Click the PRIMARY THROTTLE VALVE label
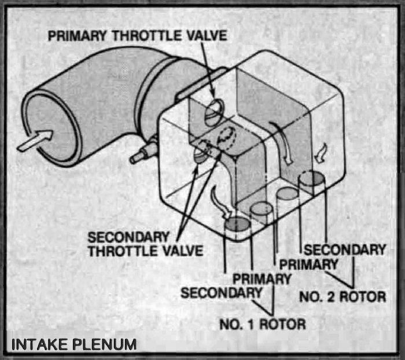(x=137, y=36)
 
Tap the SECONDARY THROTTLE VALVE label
(x=145, y=244)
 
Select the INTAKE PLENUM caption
(x=74, y=344)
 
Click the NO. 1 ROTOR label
(x=262, y=323)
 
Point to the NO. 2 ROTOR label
(x=343, y=297)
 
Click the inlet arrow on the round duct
(x=35, y=140)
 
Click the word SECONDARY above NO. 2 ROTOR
(x=344, y=250)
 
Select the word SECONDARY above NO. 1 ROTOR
(x=221, y=293)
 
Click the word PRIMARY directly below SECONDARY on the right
(x=308, y=264)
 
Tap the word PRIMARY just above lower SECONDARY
(x=262, y=278)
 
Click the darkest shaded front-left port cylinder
(x=235, y=223)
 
